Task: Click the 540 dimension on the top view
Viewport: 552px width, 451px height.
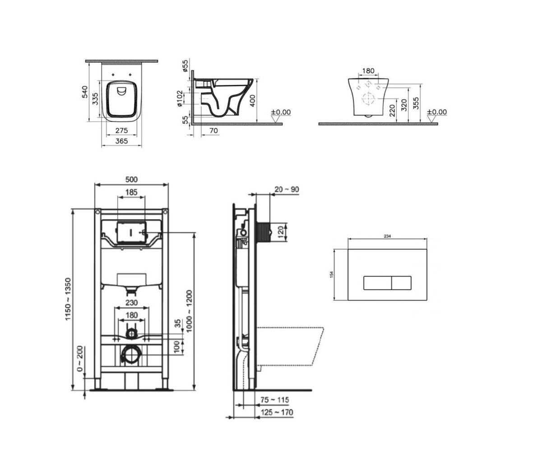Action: (85, 92)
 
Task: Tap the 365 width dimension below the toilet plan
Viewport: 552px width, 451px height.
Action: (122, 141)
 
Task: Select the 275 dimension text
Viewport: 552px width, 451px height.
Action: (122, 130)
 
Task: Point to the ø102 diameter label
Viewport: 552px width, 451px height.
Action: (180, 98)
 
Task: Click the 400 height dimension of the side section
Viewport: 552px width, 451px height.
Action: (253, 101)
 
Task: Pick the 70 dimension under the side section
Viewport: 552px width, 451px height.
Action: (214, 130)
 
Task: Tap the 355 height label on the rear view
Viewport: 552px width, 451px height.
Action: (416, 103)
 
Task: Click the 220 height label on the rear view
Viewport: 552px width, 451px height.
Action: (392, 110)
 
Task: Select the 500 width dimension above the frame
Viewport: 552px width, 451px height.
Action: (131, 179)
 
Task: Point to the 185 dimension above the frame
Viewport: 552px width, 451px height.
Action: (131, 192)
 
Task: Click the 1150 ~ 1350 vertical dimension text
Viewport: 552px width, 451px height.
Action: (68, 299)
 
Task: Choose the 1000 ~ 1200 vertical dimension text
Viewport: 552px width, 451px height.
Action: (189, 311)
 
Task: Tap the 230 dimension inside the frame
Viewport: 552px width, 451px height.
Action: (131, 303)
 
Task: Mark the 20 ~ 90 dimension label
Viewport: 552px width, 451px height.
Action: (287, 189)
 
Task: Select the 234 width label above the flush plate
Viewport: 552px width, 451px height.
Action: (387, 236)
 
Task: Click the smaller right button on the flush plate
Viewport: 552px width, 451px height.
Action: (401, 283)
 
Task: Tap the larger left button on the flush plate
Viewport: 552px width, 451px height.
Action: (377, 283)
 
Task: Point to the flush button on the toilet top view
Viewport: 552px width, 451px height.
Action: (122, 91)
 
